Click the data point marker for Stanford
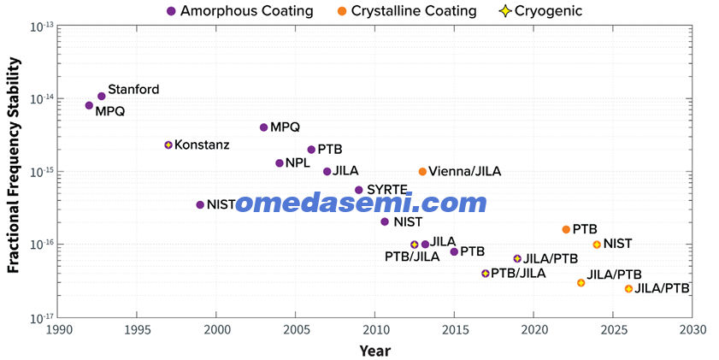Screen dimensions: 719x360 click(x=102, y=96)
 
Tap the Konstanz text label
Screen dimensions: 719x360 click(x=202, y=145)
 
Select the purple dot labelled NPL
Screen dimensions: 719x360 click(x=280, y=162)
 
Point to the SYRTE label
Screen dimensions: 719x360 click(x=387, y=189)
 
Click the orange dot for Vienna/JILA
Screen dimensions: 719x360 click(x=422, y=172)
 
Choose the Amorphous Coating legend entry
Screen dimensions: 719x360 click(x=240, y=11)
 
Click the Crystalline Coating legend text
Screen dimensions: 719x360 click(x=414, y=11)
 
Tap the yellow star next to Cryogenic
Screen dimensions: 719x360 click(x=505, y=11)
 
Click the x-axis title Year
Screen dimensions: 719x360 click(x=375, y=351)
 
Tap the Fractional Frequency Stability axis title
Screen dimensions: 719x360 click(x=14, y=165)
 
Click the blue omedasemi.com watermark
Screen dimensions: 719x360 click(x=361, y=203)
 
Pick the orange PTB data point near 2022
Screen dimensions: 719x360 click(x=566, y=229)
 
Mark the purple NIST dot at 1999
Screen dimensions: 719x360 click(x=200, y=204)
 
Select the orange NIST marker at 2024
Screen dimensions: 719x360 click(x=597, y=245)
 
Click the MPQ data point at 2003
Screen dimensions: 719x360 click(x=263, y=127)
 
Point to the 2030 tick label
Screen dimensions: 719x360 click(x=692, y=329)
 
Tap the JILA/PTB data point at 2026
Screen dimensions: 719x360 click(x=628, y=288)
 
